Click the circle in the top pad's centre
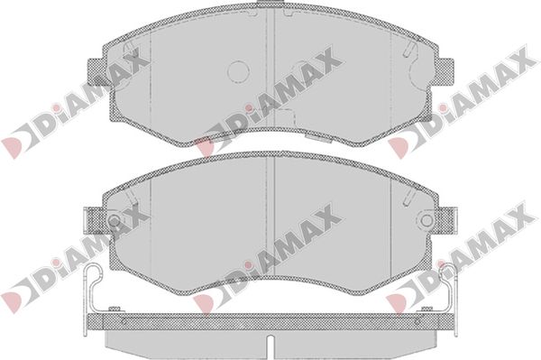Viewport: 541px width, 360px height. tap(238, 71)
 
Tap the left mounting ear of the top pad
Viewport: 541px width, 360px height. tap(96, 71)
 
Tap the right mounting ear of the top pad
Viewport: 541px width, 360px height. tap(445, 71)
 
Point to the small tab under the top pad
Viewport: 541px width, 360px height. tap(318, 136)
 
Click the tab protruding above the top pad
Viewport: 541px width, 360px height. tap(270, 3)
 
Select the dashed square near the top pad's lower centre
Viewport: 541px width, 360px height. tap(286, 115)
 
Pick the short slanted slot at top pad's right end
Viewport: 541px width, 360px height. tap(409, 49)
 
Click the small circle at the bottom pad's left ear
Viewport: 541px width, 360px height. tap(114, 219)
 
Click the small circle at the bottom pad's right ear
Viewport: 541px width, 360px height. tap(427, 219)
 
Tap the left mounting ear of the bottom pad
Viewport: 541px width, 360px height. tap(95, 220)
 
